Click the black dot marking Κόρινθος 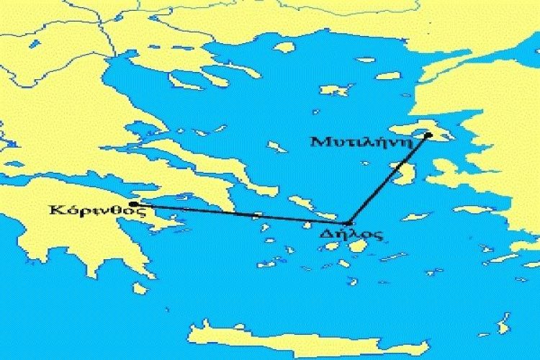coord(132,204)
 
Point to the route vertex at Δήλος coord(348,223)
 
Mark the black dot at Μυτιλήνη coord(428,135)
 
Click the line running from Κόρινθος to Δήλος coord(238,214)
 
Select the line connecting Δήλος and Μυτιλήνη coord(389,178)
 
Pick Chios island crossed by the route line coord(405,173)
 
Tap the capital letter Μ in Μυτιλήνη coord(318,141)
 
